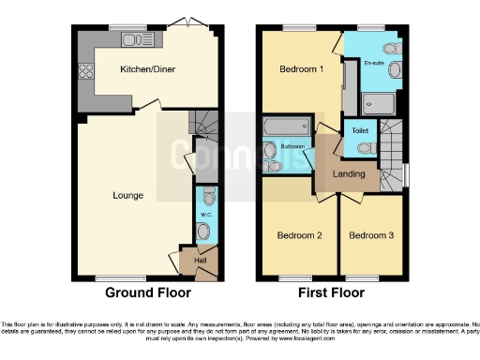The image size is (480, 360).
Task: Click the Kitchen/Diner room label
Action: pyautogui.click(x=147, y=69)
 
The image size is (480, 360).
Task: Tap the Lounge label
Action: pyautogui.click(x=127, y=196)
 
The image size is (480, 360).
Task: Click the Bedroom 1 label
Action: pyautogui.click(x=302, y=69)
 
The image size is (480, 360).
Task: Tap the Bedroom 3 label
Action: pyautogui.click(x=373, y=236)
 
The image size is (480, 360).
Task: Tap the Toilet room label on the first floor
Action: pyautogui.click(x=360, y=131)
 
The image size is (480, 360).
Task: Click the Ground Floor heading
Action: pyautogui.click(x=142, y=292)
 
